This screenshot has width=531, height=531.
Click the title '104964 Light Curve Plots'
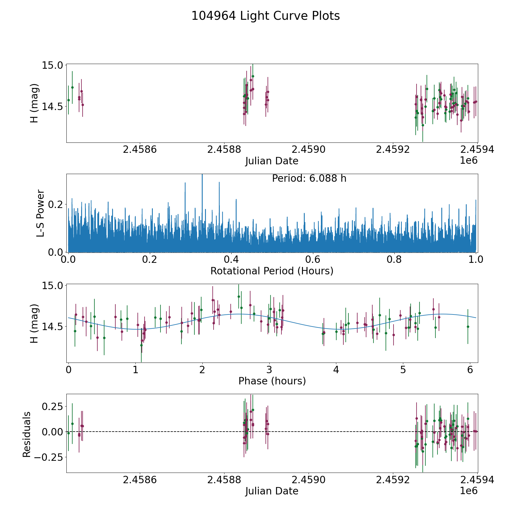pos(265,16)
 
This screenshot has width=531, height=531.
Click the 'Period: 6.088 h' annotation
pos(309,178)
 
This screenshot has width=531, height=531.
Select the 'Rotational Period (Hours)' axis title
pos(272,271)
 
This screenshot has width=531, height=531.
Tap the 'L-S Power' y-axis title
pos(40,213)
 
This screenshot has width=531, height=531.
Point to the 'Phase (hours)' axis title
pos(272,381)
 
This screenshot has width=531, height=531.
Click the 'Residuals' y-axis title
pos(27,435)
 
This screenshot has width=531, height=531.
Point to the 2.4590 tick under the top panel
pos(308,150)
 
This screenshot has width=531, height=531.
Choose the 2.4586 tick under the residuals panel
pos(139,480)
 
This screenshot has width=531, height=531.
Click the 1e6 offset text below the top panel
pos(468,161)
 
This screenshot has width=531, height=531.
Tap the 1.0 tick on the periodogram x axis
pos(476,260)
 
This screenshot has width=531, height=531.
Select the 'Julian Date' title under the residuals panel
pos(272,491)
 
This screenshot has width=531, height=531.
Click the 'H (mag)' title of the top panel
pos(35,103)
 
